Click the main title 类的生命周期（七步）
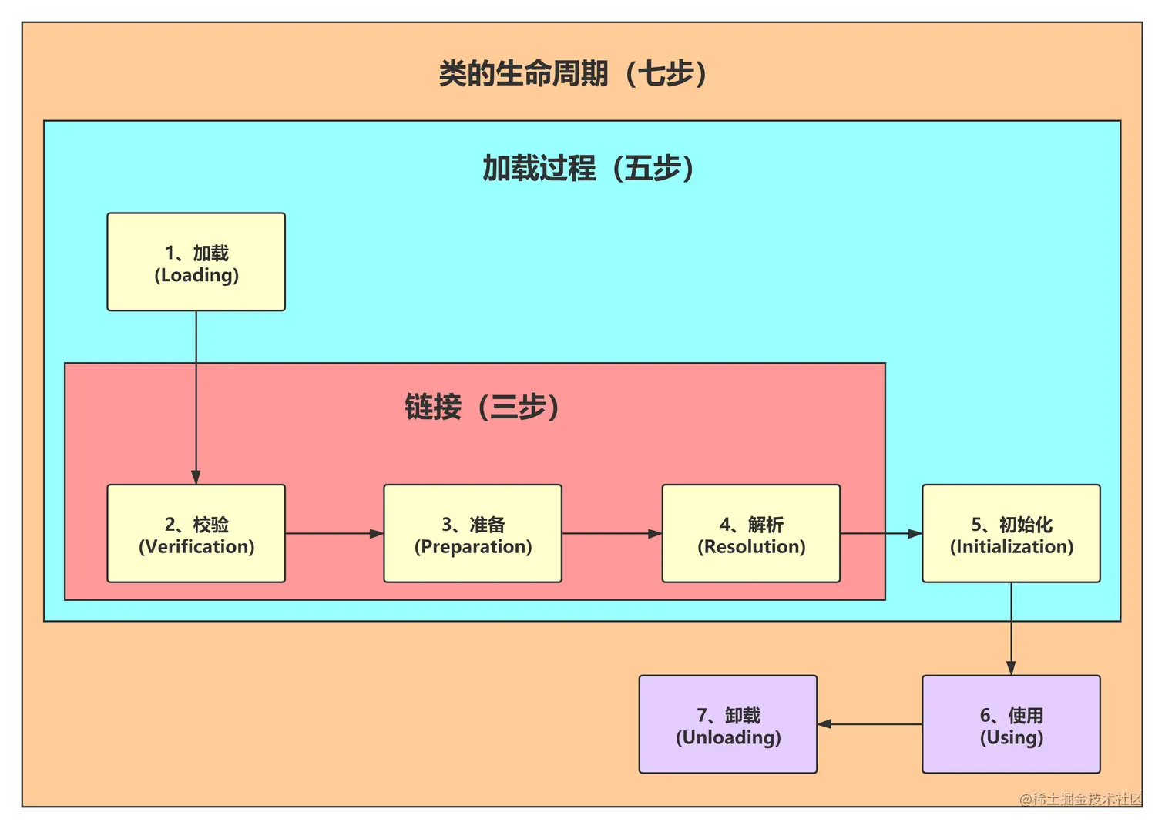[572, 74]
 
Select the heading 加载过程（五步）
[588, 168]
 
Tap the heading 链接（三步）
[482, 407]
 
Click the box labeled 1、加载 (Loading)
[196, 262]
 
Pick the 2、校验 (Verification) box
[196, 533]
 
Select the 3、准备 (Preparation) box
[472, 533]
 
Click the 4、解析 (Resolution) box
[750, 533]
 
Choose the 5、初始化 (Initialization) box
[1011, 533]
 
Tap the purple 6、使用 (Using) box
[1011, 724]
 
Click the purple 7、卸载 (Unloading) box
[727, 724]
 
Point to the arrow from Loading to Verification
[196, 397]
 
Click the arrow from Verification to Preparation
[334, 533]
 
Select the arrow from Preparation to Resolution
[612, 533]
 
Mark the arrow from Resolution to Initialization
[881, 533]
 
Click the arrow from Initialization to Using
[1011, 629]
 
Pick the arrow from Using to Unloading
[869, 724]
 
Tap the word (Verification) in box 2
[196, 546]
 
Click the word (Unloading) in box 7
[727, 737]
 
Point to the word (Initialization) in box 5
[1011, 546]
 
